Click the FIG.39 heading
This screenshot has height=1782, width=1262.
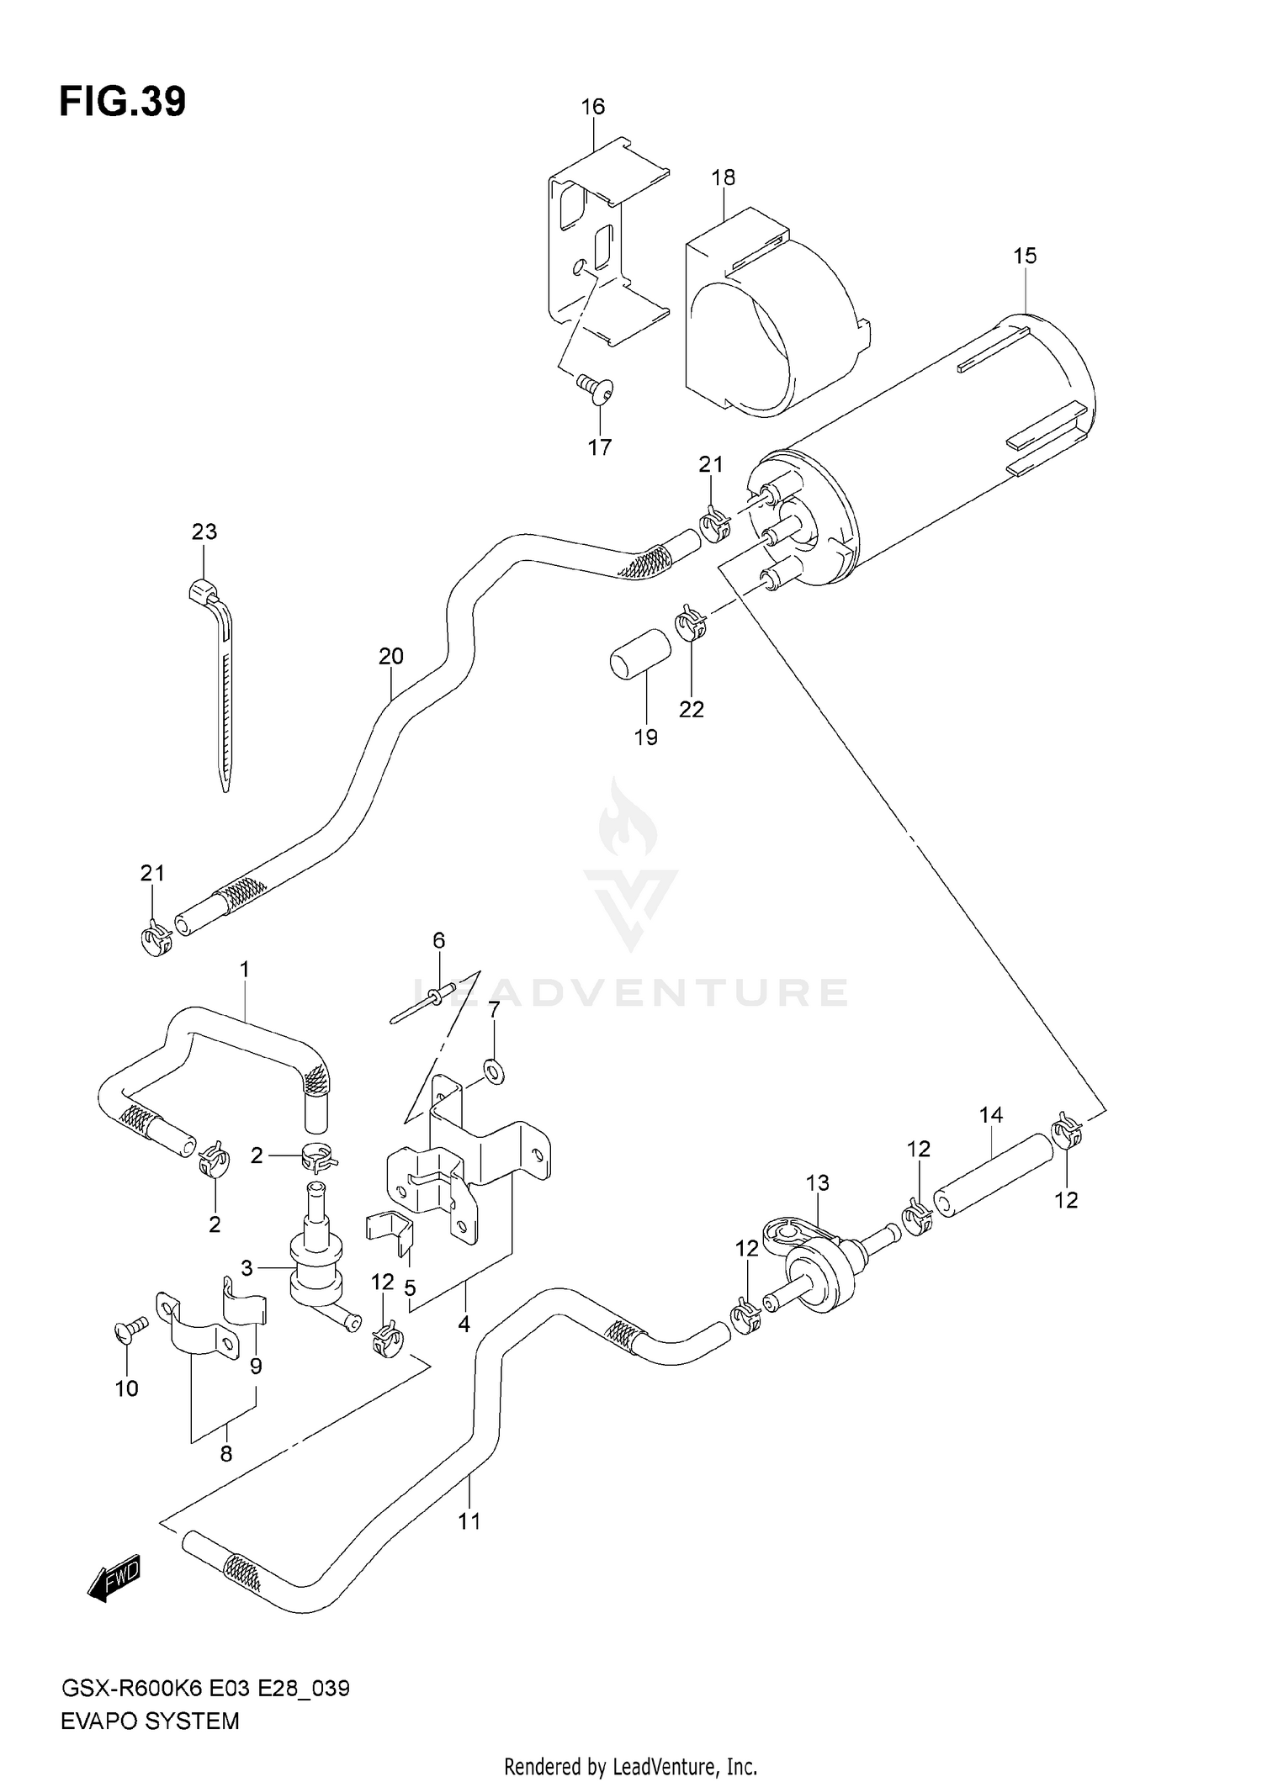click(123, 102)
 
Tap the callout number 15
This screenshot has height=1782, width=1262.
click(1025, 256)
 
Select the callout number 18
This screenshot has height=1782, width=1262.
click(723, 177)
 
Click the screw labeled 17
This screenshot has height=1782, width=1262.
click(597, 389)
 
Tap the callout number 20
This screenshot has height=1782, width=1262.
click(391, 656)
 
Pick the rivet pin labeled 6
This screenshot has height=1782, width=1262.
click(423, 1003)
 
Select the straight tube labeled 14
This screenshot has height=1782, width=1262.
click(994, 1175)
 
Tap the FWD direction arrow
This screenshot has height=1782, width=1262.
click(114, 1577)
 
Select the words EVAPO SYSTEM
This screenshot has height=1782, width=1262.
click(150, 1721)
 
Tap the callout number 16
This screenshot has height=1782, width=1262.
click(592, 107)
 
